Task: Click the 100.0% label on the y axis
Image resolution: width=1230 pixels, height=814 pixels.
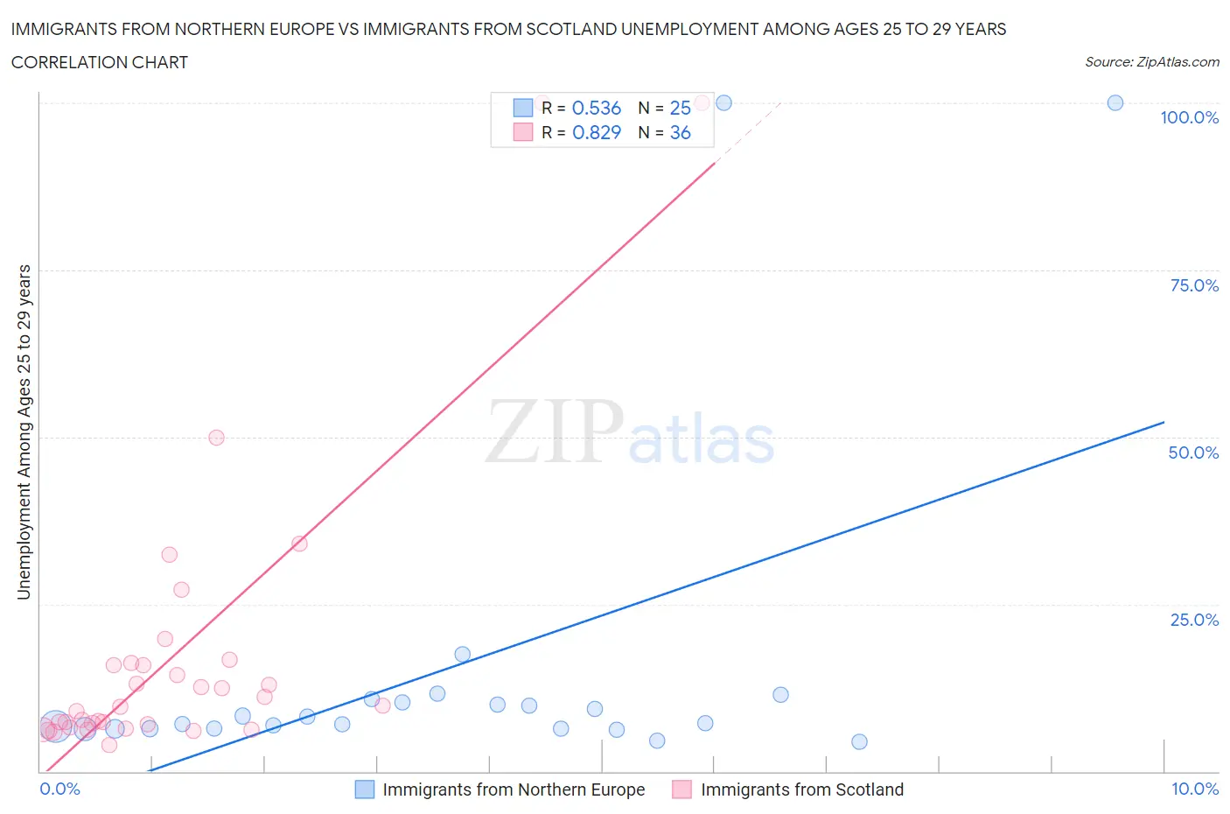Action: [x=1189, y=117]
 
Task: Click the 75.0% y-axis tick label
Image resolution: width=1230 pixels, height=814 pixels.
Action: [x=1194, y=285]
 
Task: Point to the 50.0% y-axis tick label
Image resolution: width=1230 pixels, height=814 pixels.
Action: [x=1193, y=453]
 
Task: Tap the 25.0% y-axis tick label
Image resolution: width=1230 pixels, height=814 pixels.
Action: [x=1194, y=620]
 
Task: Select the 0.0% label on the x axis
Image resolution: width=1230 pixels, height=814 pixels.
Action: [x=59, y=789]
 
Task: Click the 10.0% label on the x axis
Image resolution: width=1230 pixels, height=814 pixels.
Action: [x=1195, y=789]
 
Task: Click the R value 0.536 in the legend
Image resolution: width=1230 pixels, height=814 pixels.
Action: [x=596, y=108]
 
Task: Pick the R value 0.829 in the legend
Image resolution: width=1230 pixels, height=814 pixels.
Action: [x=596, y=132]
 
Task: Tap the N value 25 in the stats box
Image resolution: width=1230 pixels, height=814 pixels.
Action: [x=680, y=108]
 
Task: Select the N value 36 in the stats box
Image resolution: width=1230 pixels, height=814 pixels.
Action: [x=680, y=132]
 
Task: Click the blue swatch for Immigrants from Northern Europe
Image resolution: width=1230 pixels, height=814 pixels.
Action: [x=365, y=789]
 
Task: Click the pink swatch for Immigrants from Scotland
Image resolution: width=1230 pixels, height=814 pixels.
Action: [x=682, y=789]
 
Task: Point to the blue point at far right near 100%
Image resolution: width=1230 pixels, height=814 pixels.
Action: [x=1115, y=102]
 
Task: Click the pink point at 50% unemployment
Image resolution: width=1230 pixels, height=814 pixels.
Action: [x=216, y=438]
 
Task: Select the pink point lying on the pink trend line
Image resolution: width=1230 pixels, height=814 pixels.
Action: [x=299, y=544]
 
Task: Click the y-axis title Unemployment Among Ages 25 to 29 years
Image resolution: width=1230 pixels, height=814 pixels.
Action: [x=24, y=432]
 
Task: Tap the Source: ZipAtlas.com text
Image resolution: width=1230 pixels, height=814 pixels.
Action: [x=1151, y=62]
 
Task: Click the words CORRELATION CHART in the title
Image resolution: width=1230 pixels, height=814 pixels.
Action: [x=100, y=62]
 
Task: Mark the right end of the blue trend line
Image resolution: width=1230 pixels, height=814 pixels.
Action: [x=1164, y=422]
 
